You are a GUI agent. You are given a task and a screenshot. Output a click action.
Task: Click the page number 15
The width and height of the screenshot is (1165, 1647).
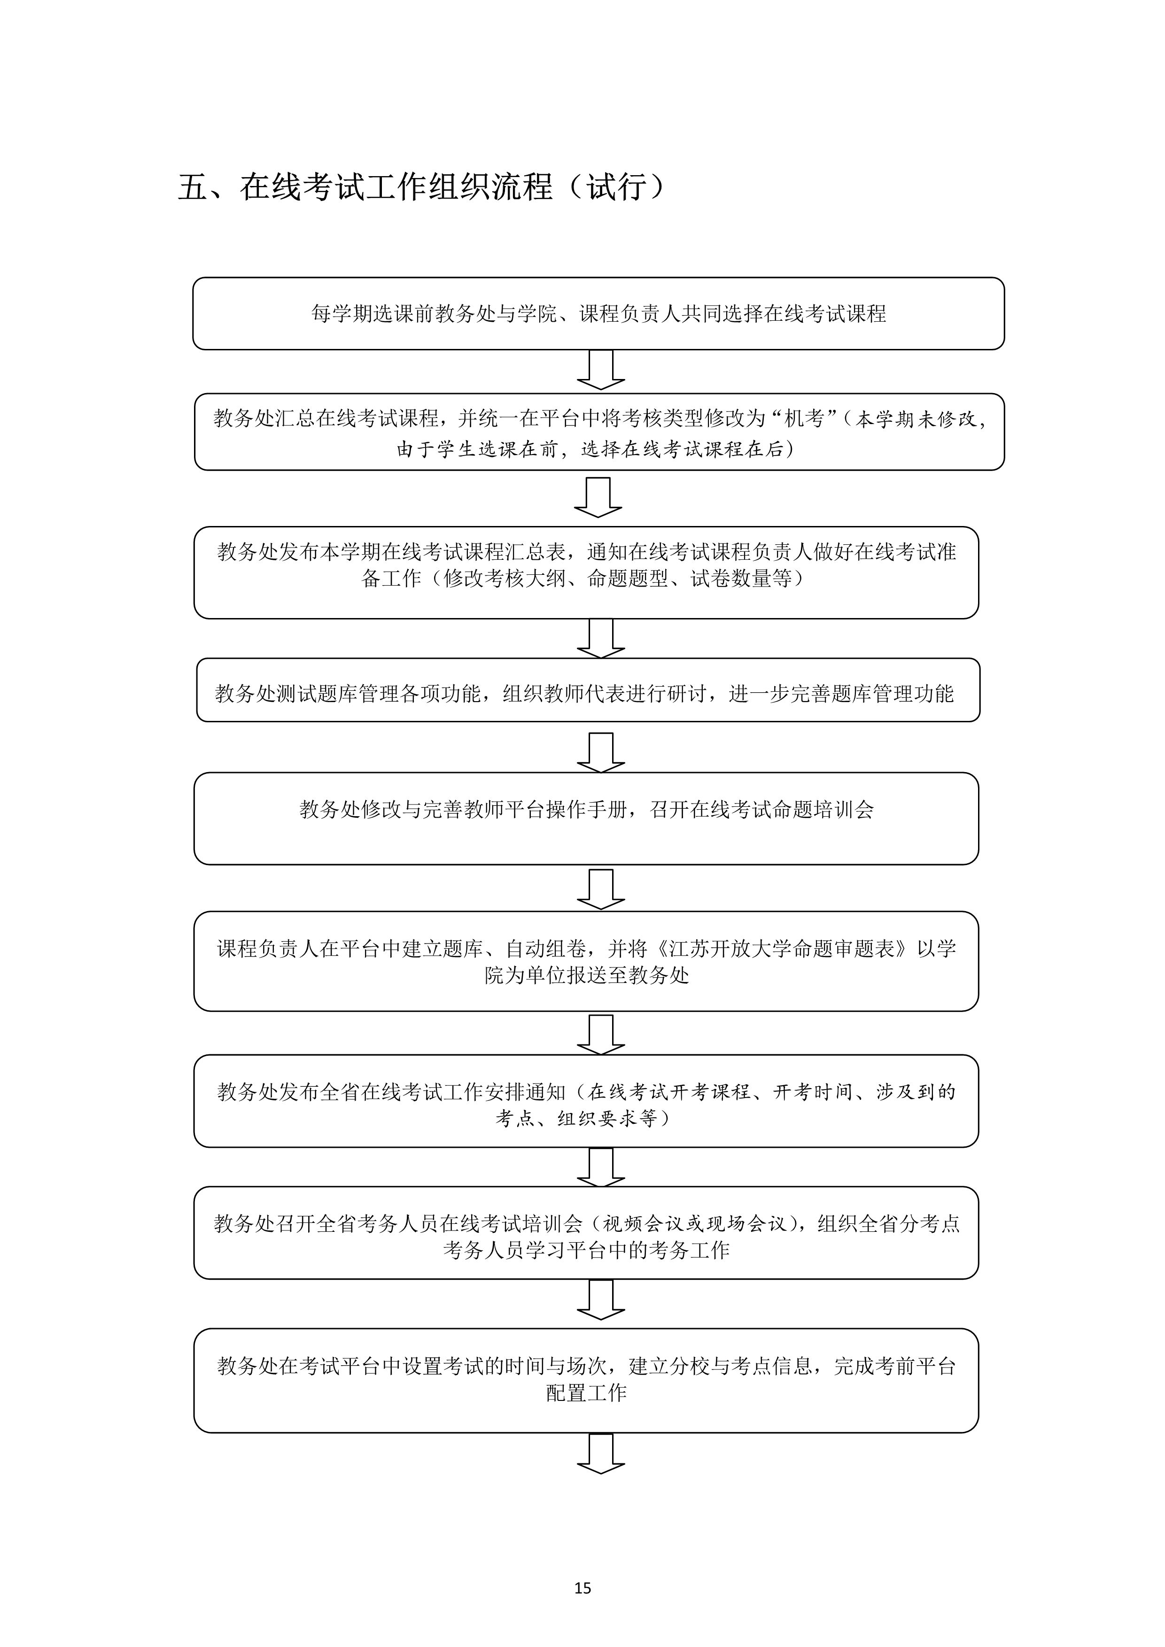pos(582,1587)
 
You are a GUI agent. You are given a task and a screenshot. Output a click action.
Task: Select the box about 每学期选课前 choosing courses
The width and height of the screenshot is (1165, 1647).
pos(598,313)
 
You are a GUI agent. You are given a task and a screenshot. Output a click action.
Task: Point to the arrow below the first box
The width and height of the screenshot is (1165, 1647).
pos(601,370)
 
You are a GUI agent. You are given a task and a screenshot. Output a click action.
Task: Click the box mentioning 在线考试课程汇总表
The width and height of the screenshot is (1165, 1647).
pos(586,572)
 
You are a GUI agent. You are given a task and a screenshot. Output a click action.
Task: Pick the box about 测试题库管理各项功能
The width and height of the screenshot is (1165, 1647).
pos(588,690)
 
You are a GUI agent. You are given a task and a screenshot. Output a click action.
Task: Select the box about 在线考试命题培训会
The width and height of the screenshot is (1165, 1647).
pos(586,819)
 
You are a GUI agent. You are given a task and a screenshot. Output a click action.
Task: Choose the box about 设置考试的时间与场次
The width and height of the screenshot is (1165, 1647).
pos(586,1381)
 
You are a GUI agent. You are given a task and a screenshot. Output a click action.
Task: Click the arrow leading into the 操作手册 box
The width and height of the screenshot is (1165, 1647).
pos(601,752)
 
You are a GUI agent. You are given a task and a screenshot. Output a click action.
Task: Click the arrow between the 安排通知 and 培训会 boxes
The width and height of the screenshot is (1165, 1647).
pos(601,1167)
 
